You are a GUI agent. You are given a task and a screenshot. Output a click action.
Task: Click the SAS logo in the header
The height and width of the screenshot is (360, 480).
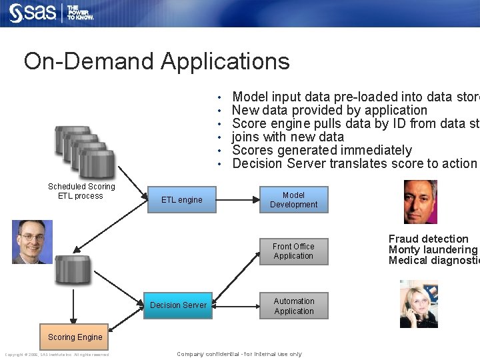pyautogui.click(x=33, y=13)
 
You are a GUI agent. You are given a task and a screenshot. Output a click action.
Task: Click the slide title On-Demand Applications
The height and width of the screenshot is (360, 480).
pyautogui.click(x=157, y=61)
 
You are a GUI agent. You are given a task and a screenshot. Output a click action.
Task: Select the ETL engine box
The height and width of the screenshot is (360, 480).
pyautogui.click(x=181, y=199)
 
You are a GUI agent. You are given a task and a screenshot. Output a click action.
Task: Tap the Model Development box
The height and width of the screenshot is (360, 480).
pyautogui.click(x=293, y=200)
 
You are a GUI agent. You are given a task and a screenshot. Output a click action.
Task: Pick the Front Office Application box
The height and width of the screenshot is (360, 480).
pyautogui.click(x=293, y=251)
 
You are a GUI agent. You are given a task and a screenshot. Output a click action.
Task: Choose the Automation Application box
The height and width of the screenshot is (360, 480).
pyautogui.click(x=293, y=306)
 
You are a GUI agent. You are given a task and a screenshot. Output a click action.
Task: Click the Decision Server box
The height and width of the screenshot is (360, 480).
pyautogui.click(x=178, y=305)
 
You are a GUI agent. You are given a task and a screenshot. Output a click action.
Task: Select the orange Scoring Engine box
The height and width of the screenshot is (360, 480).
pyautogui.click(x=75, y=337)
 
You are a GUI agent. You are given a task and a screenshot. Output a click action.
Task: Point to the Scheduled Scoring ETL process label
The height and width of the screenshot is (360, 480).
pyautogui.click(x=81, y=191)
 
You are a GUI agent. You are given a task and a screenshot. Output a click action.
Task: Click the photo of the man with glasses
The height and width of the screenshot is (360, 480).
pyautogui.click(x=32, y=242)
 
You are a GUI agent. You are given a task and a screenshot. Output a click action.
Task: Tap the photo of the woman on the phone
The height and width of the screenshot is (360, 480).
pyautogui.click(x=419, y=304)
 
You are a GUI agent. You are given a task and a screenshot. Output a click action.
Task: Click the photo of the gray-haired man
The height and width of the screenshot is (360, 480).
pyautogui.click(x=421, y=202)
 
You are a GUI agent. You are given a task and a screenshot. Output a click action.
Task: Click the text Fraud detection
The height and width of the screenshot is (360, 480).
pyautogui.click(x=428, y=239)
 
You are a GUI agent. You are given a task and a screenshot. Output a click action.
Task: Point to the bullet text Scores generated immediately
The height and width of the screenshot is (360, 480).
pyautogui.click(x=321, y=150)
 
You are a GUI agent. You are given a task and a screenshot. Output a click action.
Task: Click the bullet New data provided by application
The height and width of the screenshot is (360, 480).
pyautogui.click(x=329, y=110)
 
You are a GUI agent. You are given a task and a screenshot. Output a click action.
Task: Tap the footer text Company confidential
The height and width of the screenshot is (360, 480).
pyautogui.click(x=239, y=354)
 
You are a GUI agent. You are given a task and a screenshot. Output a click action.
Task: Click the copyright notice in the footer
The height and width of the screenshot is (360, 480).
pyautogui.click(x=57, y=355)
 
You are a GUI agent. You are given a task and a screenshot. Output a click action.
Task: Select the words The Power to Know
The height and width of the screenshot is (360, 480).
pyautogui.click(x=80, y=13)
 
